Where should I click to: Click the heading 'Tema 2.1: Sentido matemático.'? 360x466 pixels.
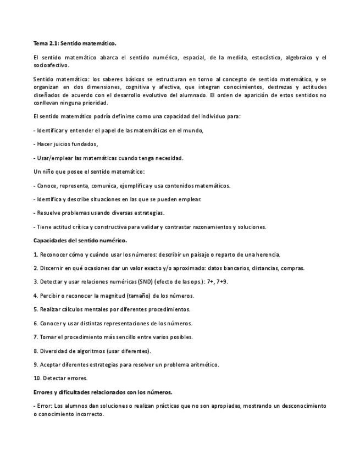coord(75,43)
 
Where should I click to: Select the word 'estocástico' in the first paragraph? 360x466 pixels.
coord(267,57)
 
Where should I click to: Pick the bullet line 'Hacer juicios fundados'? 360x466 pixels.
coord(67,144)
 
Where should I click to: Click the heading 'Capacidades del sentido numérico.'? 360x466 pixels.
coord(80,240)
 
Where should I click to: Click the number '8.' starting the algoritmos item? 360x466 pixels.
coord(36,351)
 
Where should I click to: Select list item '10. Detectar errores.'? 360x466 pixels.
coord(60,378)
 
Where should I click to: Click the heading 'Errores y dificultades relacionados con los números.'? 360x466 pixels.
coord(103,392)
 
